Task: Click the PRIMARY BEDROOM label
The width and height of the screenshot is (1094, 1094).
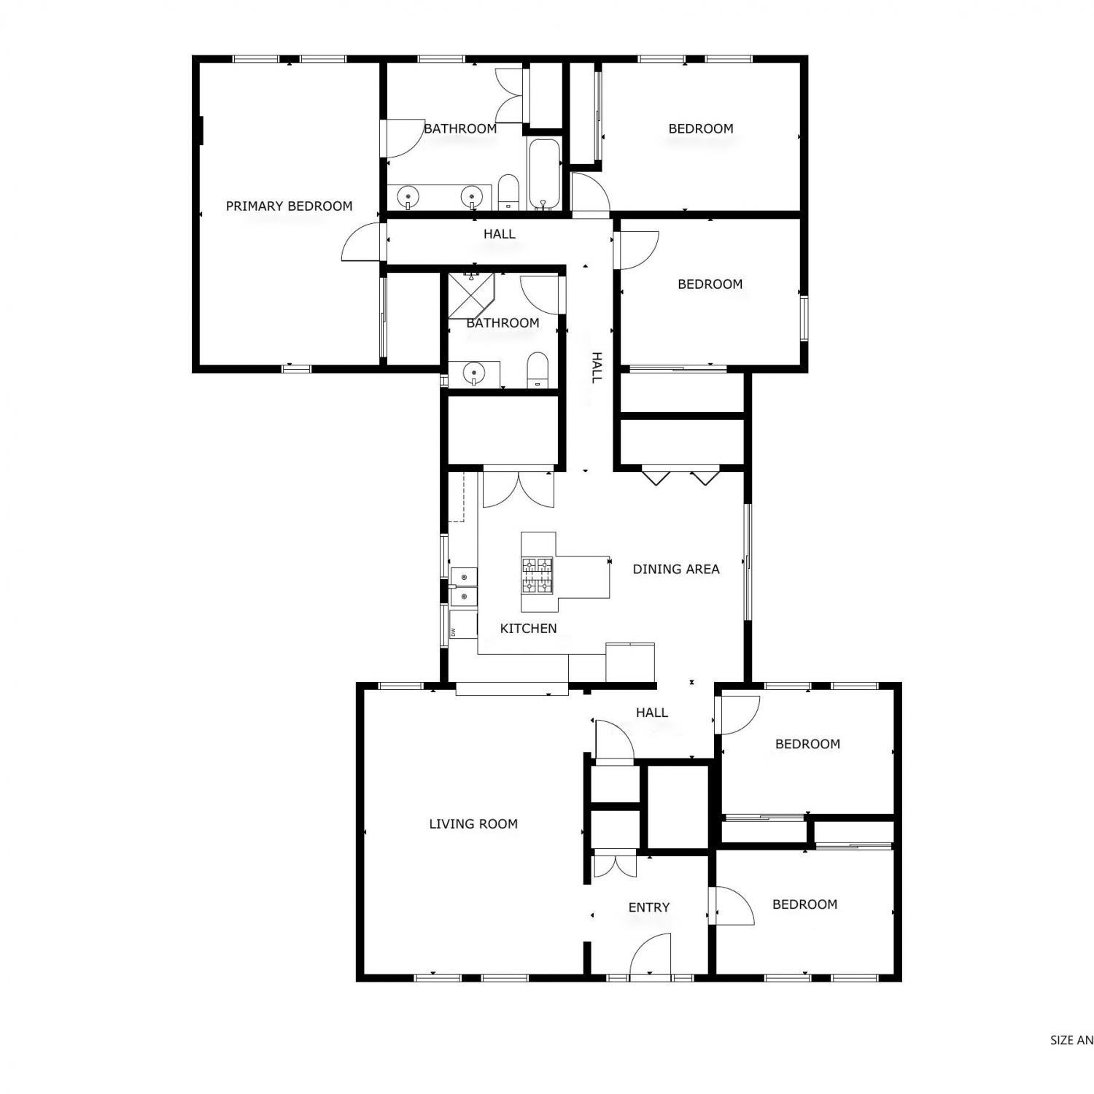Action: tap(289, 206)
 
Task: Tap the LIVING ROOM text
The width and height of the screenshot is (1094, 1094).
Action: tap(473, 824)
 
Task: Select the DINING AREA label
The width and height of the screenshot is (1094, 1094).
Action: tap(676, 569)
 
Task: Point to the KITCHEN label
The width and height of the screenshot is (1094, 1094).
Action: tap(528, 628)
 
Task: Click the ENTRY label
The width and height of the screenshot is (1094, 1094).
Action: tap(649, 907)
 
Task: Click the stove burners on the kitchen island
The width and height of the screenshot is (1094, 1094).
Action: tap(537, 575)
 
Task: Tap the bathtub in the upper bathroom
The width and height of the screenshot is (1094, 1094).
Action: tap(543, 174)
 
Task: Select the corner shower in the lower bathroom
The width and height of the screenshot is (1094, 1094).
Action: tap(470, 295)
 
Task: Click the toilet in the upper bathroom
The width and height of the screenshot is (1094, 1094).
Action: tap(508, 191)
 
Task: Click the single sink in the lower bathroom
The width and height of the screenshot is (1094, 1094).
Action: tap(474, 374)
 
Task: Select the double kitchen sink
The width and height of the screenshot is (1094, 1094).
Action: tap(463, 587)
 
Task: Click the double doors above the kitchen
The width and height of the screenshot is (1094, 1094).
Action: tap(519, 489)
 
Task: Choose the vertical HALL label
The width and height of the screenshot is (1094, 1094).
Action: tap(597, 367)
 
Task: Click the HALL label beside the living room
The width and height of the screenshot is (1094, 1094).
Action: tap(652, 713)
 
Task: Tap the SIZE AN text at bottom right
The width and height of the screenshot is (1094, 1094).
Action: tap(1071, 1041)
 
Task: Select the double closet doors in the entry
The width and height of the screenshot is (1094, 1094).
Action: tap(616, 866)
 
